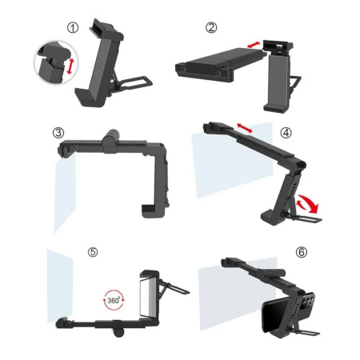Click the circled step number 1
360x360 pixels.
click(73, 28)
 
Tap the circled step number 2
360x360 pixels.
click(211, 27)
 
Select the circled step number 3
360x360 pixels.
click(58, 133)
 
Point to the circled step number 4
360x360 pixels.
click(286, 133)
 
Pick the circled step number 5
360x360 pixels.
click(93, 252)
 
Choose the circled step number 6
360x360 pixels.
click(302, 252)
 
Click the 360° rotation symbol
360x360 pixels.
click(114, 300)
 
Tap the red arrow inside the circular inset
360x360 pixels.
click(70, 66)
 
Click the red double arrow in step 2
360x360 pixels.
click(254, 45)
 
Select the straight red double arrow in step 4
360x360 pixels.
click(245, 127)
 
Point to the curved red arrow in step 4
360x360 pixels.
click(308, 204)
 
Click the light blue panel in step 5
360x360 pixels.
click(60, 286)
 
